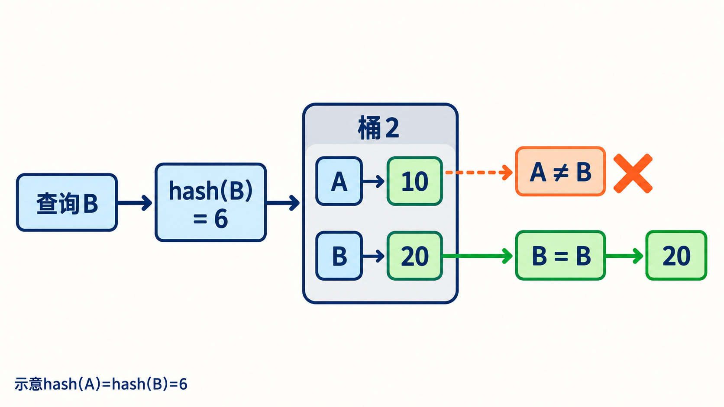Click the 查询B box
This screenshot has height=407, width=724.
click(67, 203)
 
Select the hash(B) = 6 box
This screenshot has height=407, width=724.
click(211, 202)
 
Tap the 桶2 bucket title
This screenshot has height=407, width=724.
click(378, 128)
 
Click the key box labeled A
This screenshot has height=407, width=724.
click(339, 181)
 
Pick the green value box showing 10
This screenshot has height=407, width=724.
click(415, 181)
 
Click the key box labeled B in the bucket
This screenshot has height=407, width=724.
click(339, 256)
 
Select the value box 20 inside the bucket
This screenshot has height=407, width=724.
click(415, 256)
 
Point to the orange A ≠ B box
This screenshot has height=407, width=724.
click(560, 171)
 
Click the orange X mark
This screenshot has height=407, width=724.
click(633, 173)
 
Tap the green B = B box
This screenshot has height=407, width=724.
click(560, 255)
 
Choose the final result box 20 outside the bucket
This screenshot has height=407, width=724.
click(676, 255)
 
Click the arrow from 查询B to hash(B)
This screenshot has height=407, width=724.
click(135, 203)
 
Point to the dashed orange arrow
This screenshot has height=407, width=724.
click(479, 173)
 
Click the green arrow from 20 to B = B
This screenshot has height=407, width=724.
click(478, 256)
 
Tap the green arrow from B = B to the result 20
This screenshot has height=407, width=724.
click(624, 256)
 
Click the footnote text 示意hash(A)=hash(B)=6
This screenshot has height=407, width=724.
click(101, 384)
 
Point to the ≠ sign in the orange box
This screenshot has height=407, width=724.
click(561, 172)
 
